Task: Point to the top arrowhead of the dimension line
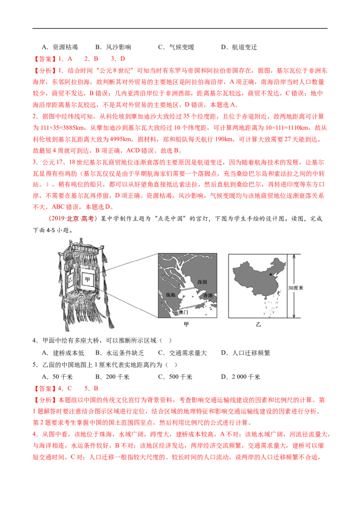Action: pyautogui.click(x=293, y=255)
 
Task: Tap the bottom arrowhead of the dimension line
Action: pyautogui.click(x=293, y=318)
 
